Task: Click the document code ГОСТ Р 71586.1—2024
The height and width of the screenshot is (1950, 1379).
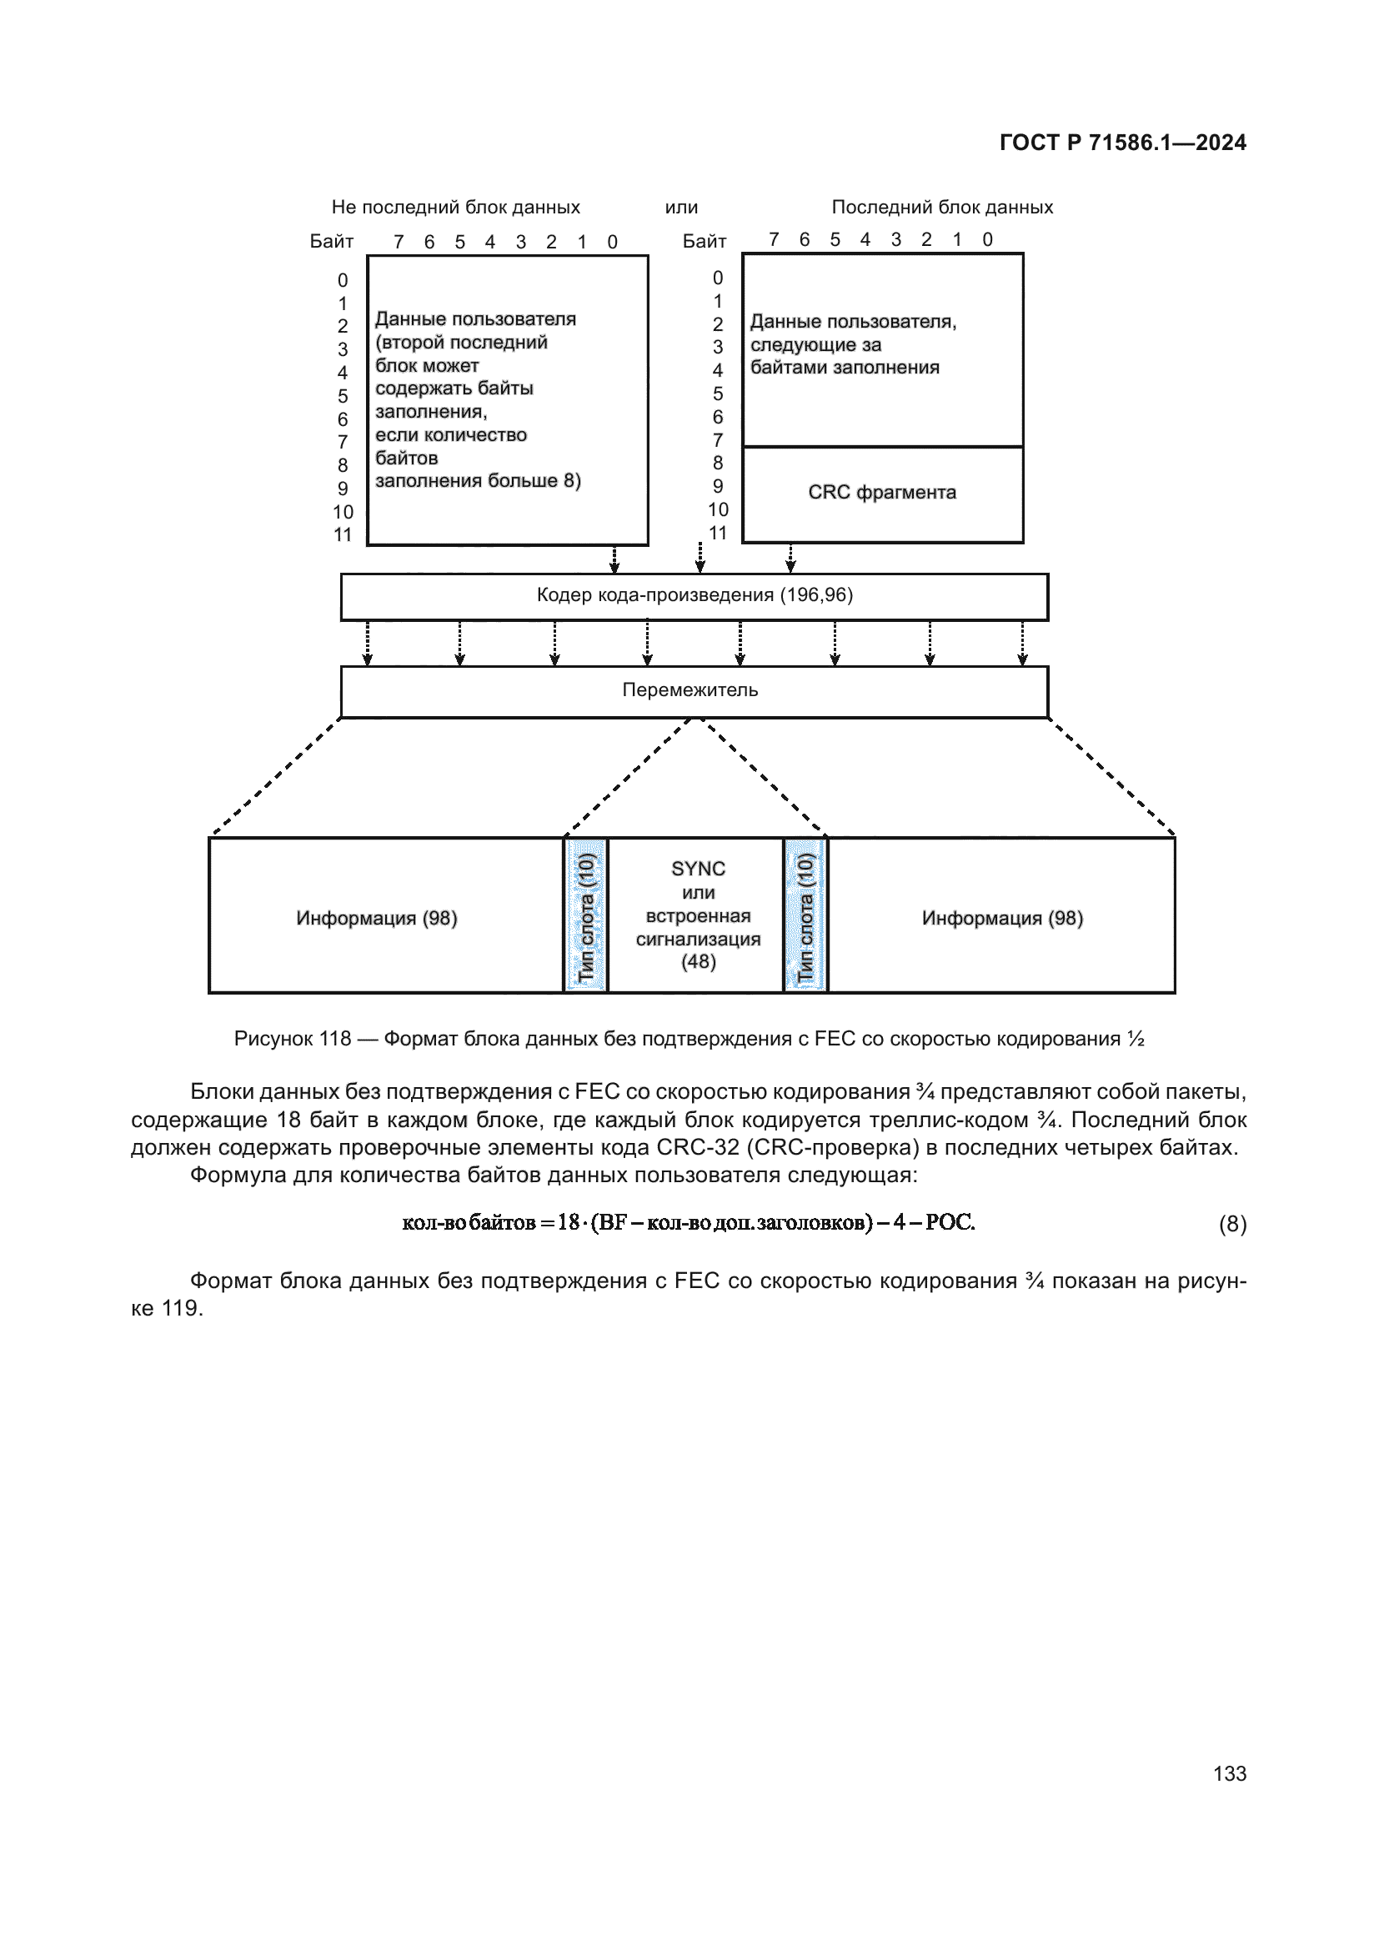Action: [1121, 143]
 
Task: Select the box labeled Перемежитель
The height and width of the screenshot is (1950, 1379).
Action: [694, 690]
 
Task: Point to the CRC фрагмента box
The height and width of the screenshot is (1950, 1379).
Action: [882, 494]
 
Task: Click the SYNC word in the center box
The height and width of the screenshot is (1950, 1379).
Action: [698, 869]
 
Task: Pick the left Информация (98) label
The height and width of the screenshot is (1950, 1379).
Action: [376, 918]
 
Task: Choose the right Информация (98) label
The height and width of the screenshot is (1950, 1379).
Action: [1002, 918]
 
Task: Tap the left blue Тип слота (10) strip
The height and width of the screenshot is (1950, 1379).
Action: [586, 916]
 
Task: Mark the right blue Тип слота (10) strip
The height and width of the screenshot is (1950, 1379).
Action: [805, 916]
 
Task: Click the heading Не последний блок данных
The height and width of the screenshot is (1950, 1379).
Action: [455, 208]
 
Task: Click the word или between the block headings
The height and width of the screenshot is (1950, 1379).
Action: [681, 208]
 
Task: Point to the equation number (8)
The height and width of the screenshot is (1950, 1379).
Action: [1232, 1224]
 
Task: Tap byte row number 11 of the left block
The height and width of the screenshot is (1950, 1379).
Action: [342, 535]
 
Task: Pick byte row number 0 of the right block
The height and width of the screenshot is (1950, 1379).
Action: [718, 278]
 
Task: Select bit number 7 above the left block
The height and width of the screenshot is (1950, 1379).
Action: [399, 242]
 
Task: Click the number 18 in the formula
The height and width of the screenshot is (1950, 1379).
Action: [568, 1222]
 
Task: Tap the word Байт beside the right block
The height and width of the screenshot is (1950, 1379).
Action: [704, 241]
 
